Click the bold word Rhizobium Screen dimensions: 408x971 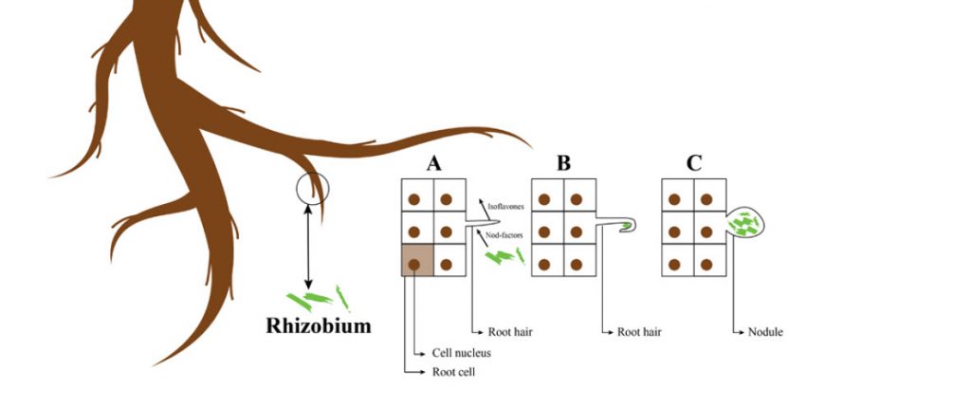tap(318, 327)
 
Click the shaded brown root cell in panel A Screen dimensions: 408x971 tap(417, 259)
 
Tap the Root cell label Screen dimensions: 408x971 tap(453, 373)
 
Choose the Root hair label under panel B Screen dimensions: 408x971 tap(639, 333)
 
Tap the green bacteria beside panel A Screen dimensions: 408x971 tap(503, 254)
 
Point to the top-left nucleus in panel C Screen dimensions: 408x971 tap(674, 200)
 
